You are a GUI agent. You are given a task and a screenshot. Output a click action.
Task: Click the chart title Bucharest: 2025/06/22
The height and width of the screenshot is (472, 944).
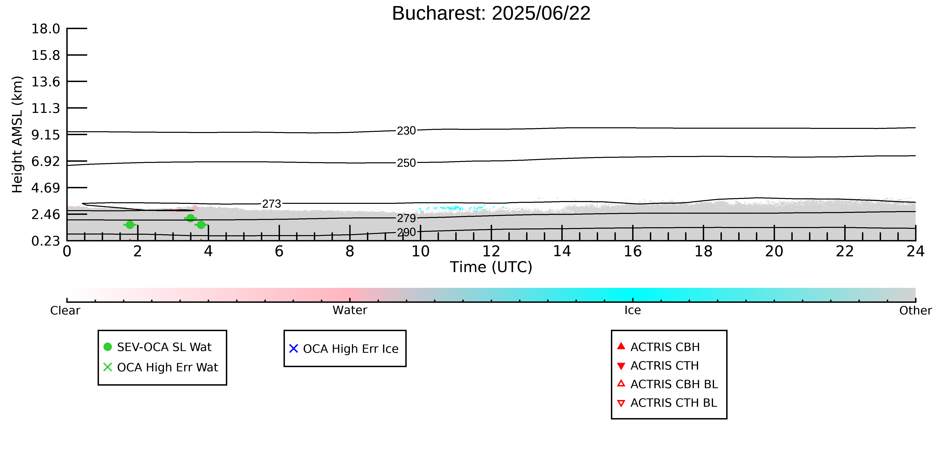pos(491,14)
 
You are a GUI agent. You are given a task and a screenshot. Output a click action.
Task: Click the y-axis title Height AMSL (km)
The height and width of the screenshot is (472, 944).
pos(17,135)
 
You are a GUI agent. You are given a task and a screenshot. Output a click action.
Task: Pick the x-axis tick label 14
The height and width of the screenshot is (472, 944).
pos(562,251)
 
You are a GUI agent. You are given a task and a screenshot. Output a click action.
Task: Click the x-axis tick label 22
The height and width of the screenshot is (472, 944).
pos(845,251)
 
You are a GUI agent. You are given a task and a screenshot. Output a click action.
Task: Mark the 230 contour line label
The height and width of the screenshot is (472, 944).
pos(406,131)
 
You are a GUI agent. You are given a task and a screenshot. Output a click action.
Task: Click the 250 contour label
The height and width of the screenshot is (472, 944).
pos(406,163)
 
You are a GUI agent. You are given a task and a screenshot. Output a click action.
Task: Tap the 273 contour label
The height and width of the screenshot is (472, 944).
pos(272,204)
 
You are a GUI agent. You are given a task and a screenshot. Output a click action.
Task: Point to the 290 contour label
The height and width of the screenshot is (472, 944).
pos(406,232)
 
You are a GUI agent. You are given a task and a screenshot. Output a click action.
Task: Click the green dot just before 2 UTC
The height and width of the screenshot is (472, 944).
pos(130,225)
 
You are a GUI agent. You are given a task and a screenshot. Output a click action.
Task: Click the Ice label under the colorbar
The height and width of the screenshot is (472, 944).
pos(633,310)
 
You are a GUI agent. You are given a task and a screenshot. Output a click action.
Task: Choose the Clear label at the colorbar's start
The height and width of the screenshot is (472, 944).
pos(65,310)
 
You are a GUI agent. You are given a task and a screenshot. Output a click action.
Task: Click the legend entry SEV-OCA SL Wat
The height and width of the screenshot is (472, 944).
pos(164,347)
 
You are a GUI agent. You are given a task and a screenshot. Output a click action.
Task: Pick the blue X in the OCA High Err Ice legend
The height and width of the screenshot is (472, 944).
pos(294,348)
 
